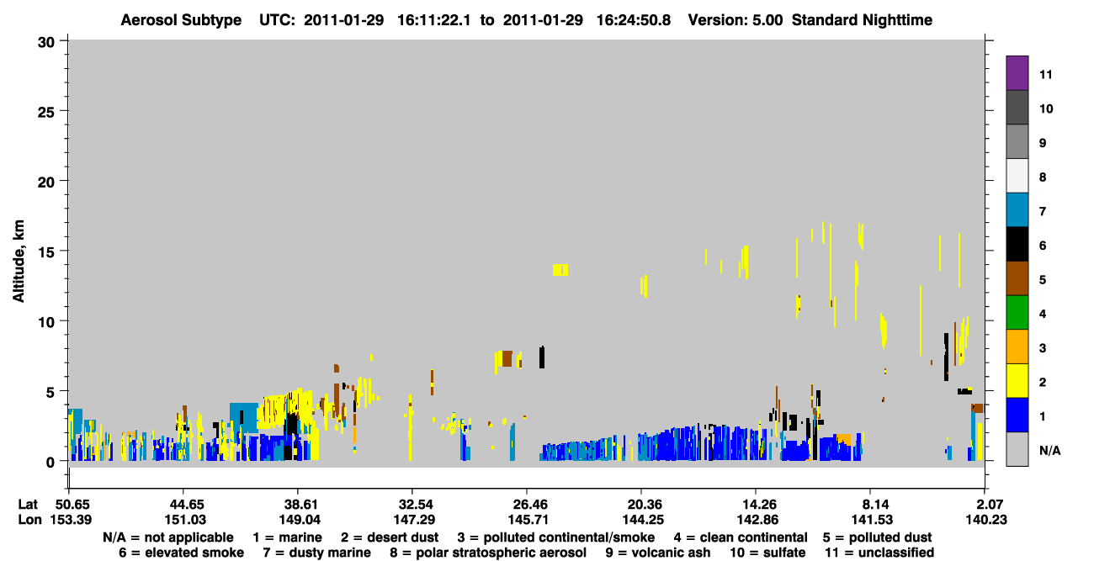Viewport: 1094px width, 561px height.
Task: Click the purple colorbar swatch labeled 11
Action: pyautogui.click(x=1017, y=72)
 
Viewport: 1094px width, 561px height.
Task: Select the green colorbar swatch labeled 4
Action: pyautogui.click(x=1017, y=313)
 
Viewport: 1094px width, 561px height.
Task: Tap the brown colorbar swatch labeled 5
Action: pyautogui.click(x=1017, y=278)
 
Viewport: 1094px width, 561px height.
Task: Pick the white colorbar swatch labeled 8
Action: pyautogui.click(x=1017, y=176)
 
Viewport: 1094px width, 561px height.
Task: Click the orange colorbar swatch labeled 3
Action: pyautogui.click(x=1017, y=347)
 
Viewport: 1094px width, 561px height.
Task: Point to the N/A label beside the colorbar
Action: pyautogui.click(x=1049, y=450)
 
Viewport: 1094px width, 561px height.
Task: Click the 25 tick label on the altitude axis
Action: pyautogui.click(x=46, y=113)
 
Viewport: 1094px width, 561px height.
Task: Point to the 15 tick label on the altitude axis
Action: pyautogui.click(x=46, y=252)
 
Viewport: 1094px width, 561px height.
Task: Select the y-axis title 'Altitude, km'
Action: pyautogui.click(x=18, y=262)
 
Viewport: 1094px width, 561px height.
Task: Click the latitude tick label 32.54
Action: pyautogui.click(x=416, y=505)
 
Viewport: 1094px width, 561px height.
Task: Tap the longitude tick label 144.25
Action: pyautogui.click(x=643, y=520)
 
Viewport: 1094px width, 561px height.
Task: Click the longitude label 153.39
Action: pyautogui.click(x=71, y=520)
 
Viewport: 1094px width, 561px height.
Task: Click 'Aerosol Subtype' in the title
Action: pyautogui.click(x=181, y=20)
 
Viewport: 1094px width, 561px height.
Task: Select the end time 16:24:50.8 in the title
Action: pyautogui.click(x=634, y=20)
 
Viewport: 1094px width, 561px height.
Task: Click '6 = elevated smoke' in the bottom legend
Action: pyautogui.click(x=181, y=553)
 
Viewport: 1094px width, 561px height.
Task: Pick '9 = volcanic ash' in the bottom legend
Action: pyautogui.click(x=658, y=553)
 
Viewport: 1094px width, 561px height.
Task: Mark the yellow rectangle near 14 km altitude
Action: pyautogui.click(x=560, y=269)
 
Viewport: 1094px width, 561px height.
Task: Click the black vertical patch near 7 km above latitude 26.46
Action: pyautogui.click(x=542, y=357)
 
